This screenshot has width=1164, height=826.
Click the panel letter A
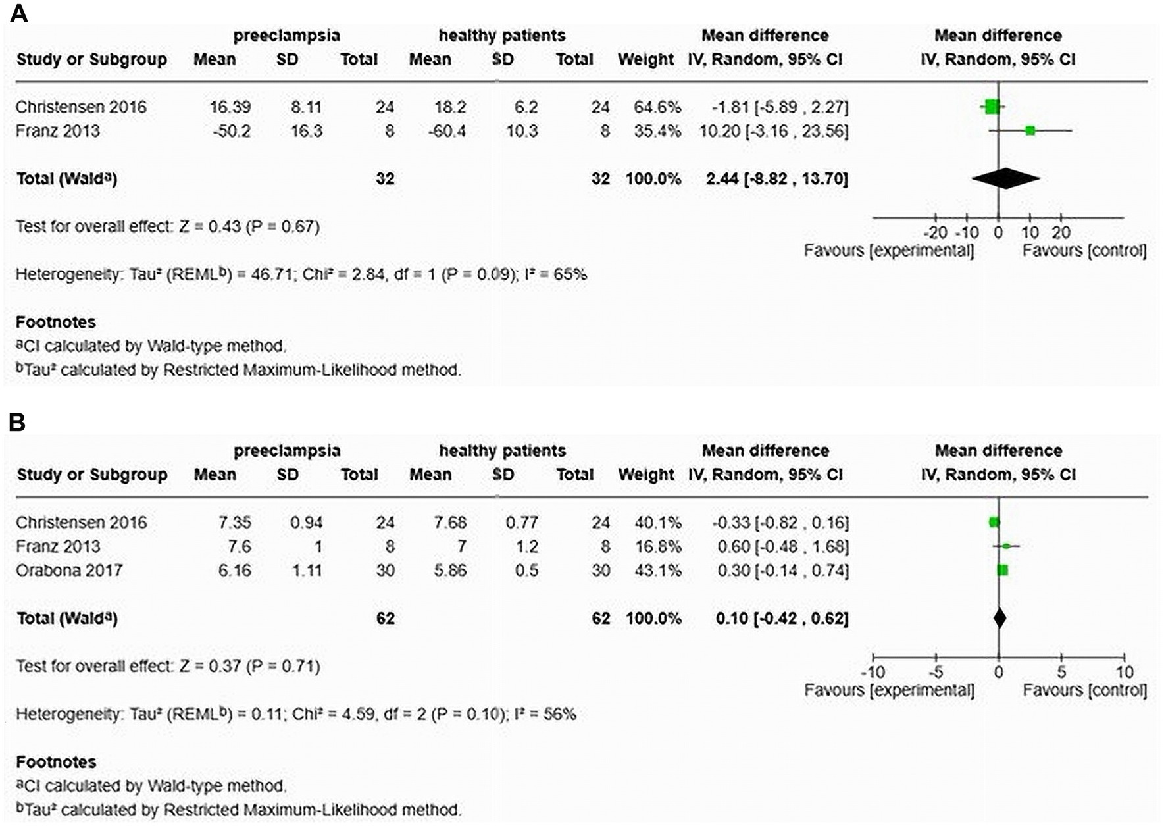pos(18,13)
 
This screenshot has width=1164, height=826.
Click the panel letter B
pos(17,422)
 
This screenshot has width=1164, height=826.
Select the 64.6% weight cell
pos(657,107)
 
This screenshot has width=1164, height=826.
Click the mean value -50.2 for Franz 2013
pos(231,131)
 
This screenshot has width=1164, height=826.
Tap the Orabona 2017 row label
pos(69,570)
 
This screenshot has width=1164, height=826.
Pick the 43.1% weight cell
pos(657,570)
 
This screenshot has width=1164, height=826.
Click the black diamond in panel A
pos(1005,178)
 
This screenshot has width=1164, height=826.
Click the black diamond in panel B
pos(1000,618)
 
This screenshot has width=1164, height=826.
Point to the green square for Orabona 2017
pos(1002,570)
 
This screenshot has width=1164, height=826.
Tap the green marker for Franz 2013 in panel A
pos(1030,131)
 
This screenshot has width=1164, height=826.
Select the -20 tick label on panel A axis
pos(935,232)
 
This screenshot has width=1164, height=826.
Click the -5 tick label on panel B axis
pos(936,672)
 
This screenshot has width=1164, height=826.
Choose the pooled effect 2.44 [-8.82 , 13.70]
pos(776,178)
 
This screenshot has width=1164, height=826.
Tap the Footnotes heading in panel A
pos(56,323)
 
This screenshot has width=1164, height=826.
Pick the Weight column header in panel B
pos(645,475)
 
